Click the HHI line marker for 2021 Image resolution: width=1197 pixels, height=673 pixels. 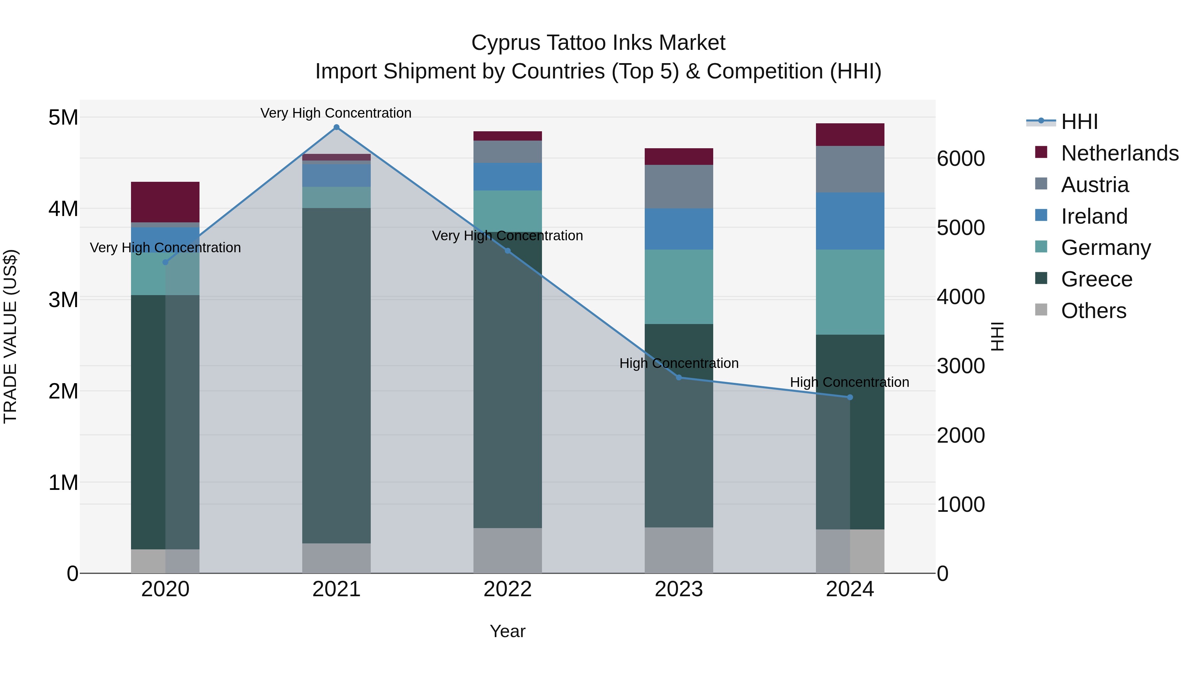click(x=336, y=127)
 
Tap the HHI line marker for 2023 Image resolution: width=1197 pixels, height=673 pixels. click(x=679, y=378)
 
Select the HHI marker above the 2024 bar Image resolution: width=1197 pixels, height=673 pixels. click(x=850, y=397)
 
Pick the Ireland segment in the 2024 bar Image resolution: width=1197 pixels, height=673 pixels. click(x=850, y=221)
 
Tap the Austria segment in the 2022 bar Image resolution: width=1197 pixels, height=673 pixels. click(x=507, y=152)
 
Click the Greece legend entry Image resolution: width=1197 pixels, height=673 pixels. click(x=1097, y=279)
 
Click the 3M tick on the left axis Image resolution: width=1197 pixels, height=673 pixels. click(x=64, y=299)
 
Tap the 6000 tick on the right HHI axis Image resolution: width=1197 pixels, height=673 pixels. click(x=961, y=159)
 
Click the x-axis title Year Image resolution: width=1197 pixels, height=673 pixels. click(x=507, y=631)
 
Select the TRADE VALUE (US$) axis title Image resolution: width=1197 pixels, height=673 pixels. click(x=10, y=337)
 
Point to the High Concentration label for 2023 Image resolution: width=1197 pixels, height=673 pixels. click(x=679, y=363)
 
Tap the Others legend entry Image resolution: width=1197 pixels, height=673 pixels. click(x=1093, y=311)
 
